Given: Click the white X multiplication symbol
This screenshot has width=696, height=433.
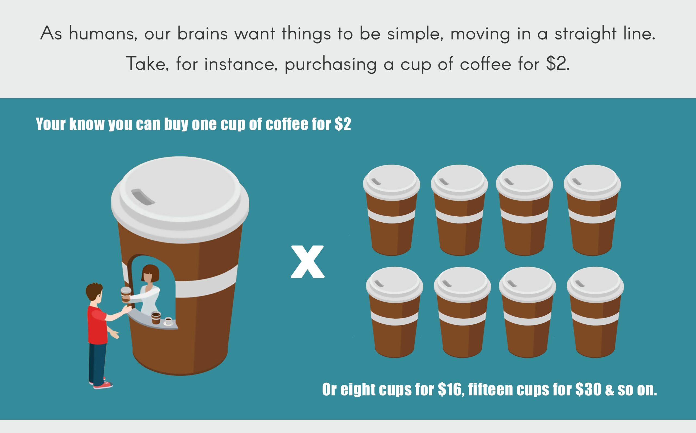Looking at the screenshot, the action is [307, 262].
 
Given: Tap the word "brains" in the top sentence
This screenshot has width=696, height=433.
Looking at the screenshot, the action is [203, 33].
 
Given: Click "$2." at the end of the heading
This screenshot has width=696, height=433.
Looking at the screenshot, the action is [558, 64].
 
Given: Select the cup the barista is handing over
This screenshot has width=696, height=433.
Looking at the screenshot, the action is [126, 295].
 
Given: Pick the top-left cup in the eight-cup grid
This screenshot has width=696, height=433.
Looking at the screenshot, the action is [391, 210].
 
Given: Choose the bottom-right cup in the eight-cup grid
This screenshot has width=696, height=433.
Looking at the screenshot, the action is [595, 312].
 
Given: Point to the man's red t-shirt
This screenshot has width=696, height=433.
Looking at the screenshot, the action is [97, 324].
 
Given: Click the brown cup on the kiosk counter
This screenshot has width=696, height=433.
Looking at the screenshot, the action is [156, 318].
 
